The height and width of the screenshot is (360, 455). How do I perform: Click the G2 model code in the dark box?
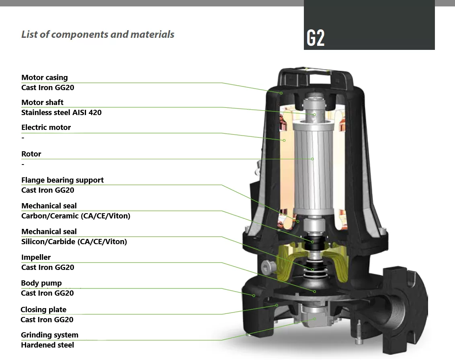click(316, 38)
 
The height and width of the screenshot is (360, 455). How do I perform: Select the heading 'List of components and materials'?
click(98, 34)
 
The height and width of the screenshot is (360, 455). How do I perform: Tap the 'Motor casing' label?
click(44, 78)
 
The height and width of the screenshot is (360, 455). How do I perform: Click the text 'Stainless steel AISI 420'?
click(61, 112)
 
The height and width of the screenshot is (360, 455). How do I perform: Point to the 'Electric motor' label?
click(46, 127)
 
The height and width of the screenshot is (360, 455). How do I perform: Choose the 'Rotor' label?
click(31, 154)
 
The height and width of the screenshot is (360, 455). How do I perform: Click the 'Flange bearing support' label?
click(62, 180)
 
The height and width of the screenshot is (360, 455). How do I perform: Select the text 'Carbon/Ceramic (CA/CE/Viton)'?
click(76, 216)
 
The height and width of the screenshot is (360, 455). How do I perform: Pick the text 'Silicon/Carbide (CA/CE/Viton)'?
click(74, 242)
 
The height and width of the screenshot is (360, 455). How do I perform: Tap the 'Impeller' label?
click(36, 257)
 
